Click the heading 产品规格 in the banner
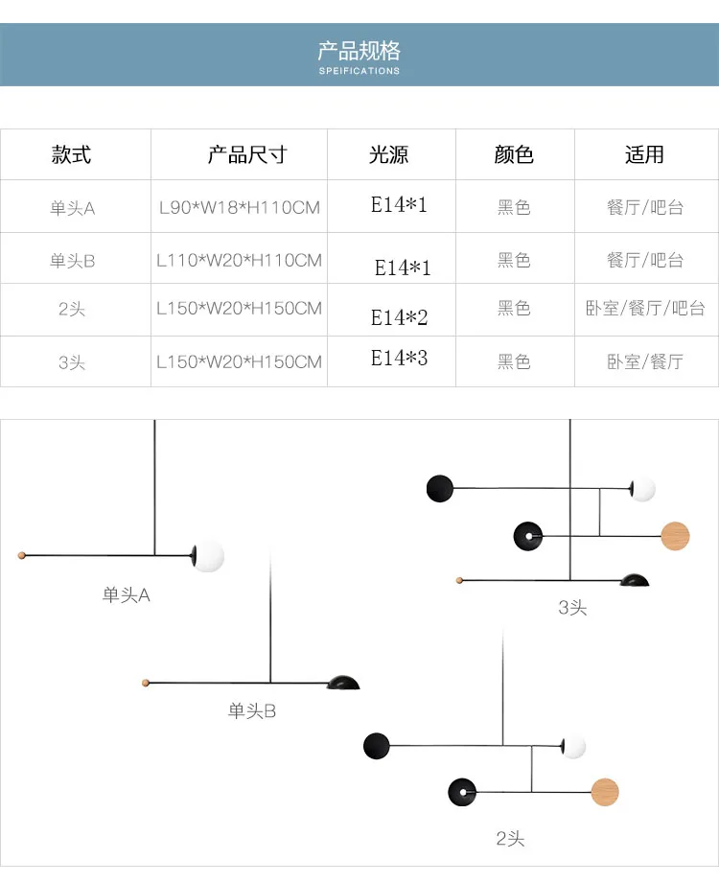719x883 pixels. tap(359, 51)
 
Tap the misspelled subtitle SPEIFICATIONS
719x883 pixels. tap(359, 71)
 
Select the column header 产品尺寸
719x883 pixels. tap(247, 154)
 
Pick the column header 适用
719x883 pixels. tap(644, 154)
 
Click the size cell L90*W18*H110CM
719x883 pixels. tap(239, 207)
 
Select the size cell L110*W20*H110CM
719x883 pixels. tap(239, 260)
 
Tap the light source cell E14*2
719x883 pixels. tap(400, 317)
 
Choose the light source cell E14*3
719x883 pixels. tap(400, 359)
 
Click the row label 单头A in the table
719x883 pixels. tap(73, 207)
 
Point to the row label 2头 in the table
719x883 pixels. tap(73, 309)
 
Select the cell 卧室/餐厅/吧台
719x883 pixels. tap(645, 309)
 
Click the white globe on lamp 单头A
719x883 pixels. tap(208, 555)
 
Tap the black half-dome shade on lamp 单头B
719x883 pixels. tap(343, 682)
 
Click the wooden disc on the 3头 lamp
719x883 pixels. tap(675, 535)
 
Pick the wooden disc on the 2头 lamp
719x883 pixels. tap(605, 792)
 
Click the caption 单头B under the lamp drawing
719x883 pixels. tap(252, 711)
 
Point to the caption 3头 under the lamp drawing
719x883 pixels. tap(572, 607)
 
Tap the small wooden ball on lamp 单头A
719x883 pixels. tap(22, 555)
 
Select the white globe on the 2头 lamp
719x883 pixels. tap(574, 745)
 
